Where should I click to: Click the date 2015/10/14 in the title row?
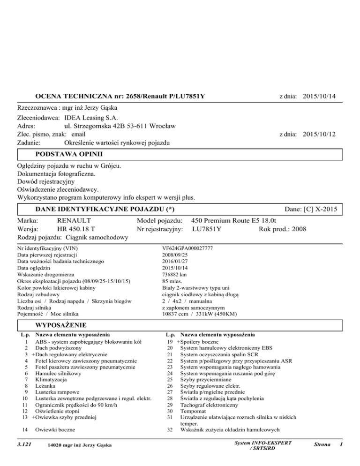click(319, 97)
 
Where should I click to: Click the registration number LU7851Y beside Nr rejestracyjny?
click(207, 229)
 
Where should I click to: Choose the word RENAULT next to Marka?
click(74, 220)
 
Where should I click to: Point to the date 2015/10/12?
click(319, 134)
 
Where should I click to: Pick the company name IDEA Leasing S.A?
click(91, 117)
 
